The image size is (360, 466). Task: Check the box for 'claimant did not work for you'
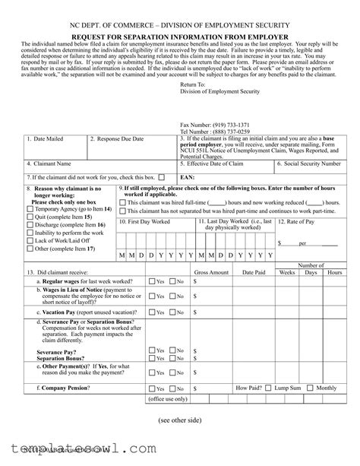[162, 176]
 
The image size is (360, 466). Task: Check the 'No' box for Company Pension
[173, 388]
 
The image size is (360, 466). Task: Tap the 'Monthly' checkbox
[311, 388]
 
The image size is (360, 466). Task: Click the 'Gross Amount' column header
[212, 271]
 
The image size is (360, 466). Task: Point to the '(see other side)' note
[180, 420]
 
